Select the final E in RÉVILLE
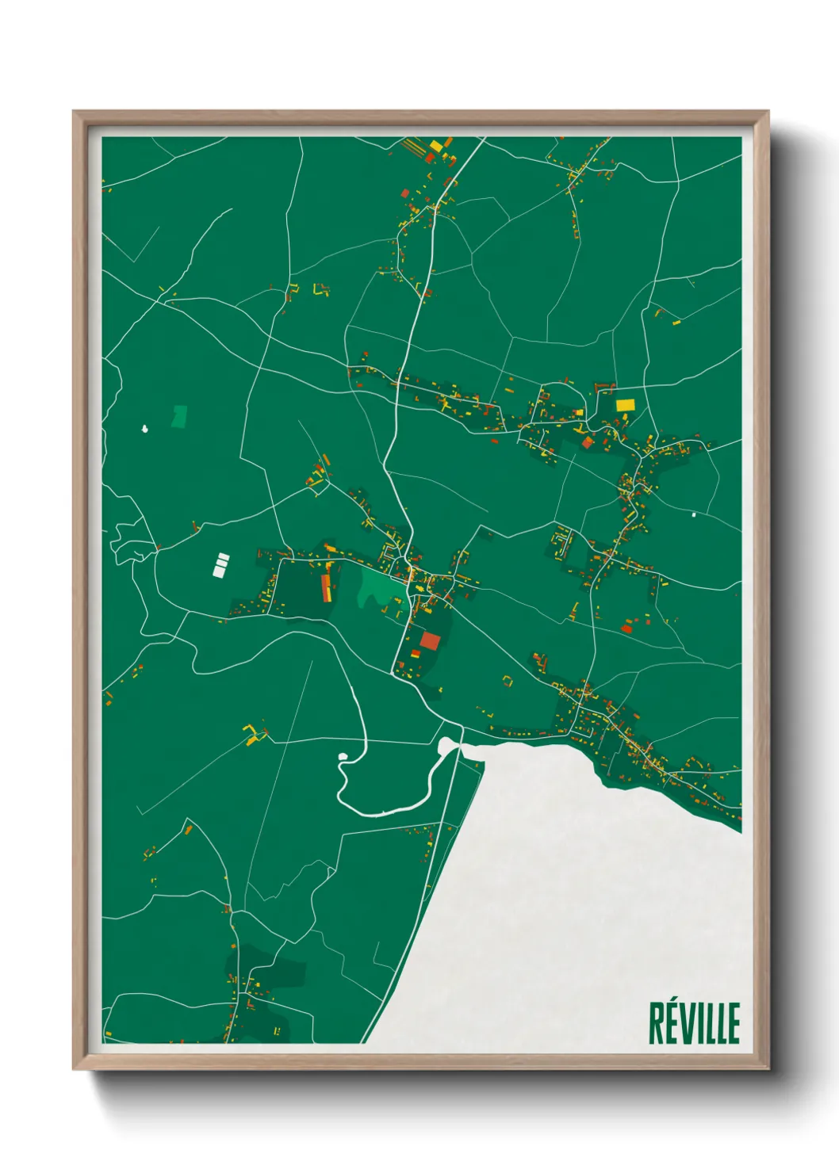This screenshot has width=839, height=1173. click(733, 1023)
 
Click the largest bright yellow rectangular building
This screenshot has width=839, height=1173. click(626, 405)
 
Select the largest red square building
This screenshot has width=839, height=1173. click(429, 640)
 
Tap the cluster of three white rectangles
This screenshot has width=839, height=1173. click(220, 565)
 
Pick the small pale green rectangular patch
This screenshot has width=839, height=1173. click(180, 415)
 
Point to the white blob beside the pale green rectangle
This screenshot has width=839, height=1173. click(144, 429)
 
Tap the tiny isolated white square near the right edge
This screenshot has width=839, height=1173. click(694, 514)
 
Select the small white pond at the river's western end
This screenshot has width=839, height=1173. click(343, 757)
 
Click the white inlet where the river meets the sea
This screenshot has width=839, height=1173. click(449, 746)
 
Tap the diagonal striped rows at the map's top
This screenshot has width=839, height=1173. click(416, 148)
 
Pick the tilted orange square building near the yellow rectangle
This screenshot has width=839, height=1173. click(588, 442)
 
